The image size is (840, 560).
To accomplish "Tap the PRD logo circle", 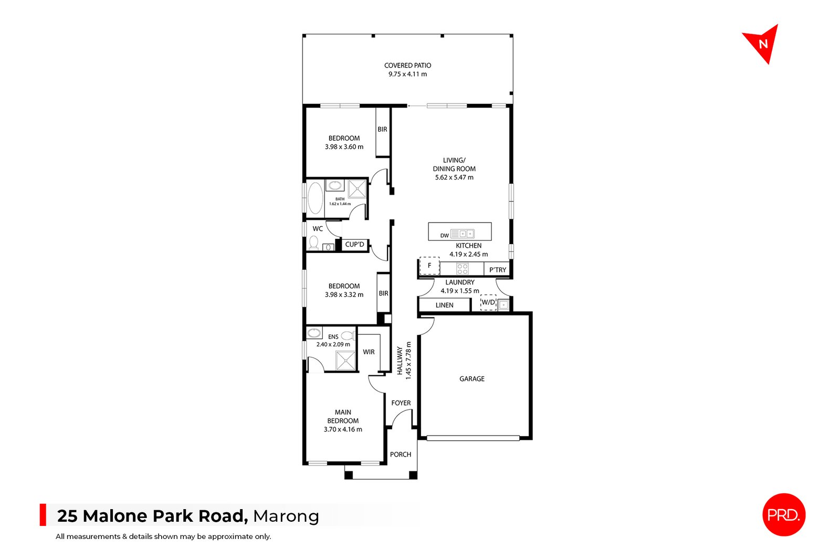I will tap(783, 515).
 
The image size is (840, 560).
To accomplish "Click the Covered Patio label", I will tap(407, 66).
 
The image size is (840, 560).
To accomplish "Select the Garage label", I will tap(472, 378).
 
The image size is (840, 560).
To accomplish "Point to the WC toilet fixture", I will tap(314, 242).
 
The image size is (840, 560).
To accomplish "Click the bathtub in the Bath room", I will tap(315, 198).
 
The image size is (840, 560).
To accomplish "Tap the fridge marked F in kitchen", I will tap(429, 266).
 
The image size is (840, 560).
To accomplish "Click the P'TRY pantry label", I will tap(497, 270).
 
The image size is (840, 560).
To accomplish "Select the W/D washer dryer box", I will tap(488, 303).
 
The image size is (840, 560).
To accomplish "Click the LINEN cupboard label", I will tap(444, 305).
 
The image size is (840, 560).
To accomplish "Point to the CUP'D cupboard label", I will tap(354, 245).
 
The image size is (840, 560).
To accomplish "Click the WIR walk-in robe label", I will tap(369, 352).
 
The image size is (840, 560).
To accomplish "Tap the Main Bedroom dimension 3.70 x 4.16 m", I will tap(343, 429).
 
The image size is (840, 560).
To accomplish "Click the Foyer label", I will tap(401, 403).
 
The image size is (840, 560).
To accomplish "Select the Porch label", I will tap(401, 455).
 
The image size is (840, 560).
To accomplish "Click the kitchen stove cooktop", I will tap(462, 269).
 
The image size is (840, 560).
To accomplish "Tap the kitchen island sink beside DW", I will tap(463, 234).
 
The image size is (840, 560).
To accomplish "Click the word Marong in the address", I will tap(286, 516).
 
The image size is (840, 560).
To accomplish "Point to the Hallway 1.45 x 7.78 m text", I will tap(404, 361).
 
